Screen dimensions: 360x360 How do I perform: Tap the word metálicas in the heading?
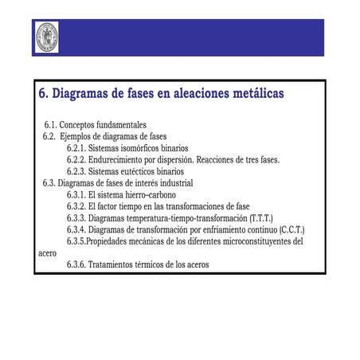pyautogui.click(x=252, y=94)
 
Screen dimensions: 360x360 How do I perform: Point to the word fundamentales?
pyautogui.click(x=120, y=126)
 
